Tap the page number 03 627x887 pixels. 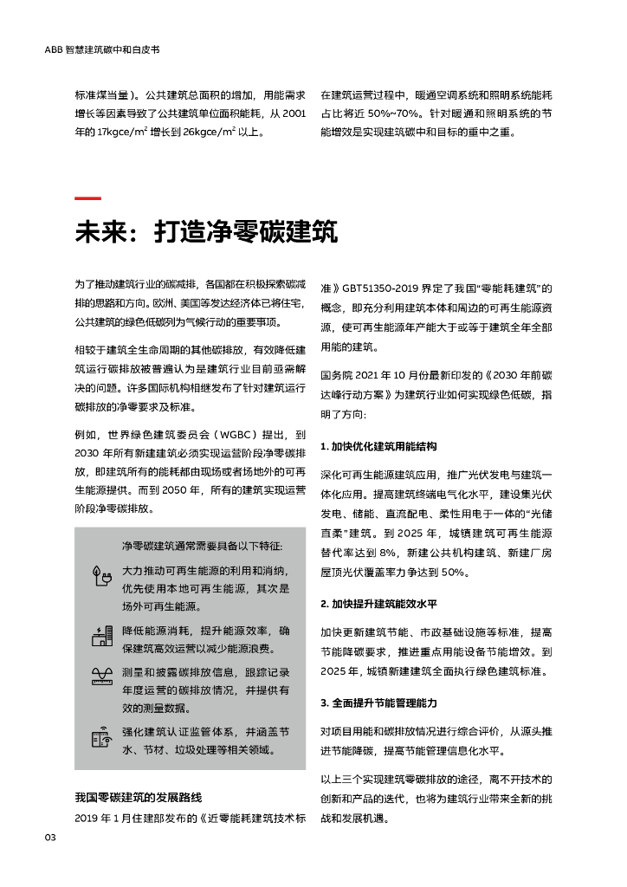(x=50, y=837)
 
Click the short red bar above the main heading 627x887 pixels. (x=87, y=199)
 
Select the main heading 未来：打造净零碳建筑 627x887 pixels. (x=206, y=232)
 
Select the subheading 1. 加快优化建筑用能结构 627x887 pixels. (x=378, y=446)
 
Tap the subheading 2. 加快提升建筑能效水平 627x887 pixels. (x=378, y=603)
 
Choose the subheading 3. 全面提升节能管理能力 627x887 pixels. (x=378, y=702)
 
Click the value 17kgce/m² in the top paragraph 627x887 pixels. (x=126, y=133)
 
